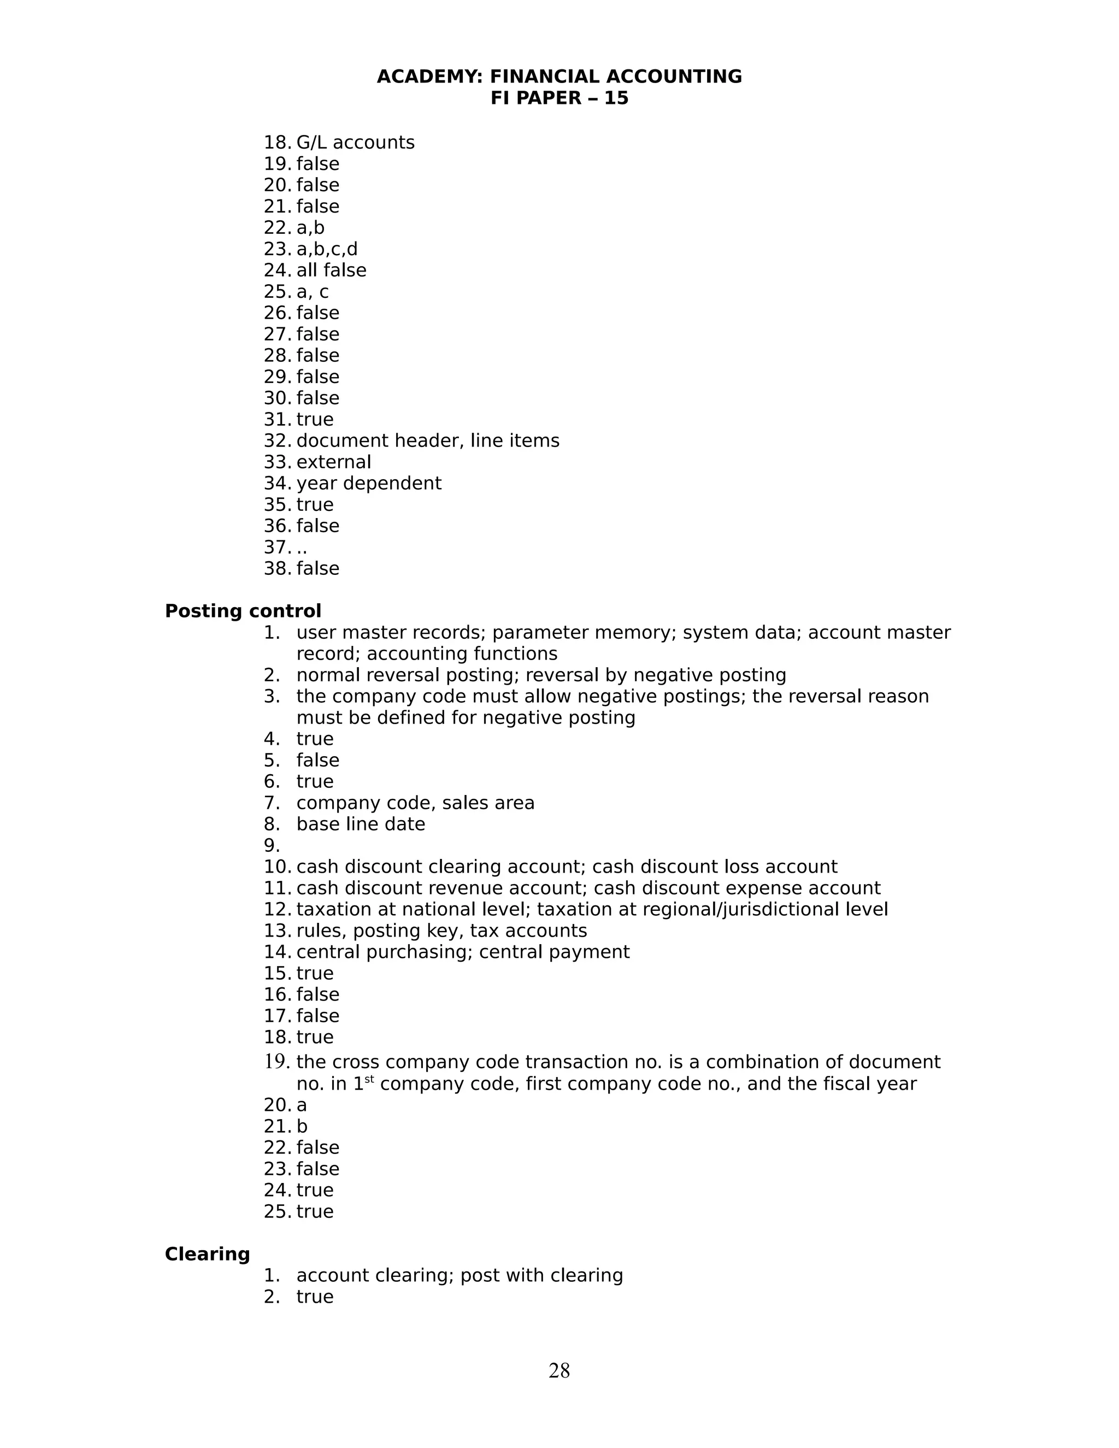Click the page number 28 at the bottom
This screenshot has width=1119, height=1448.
coord(559,1370)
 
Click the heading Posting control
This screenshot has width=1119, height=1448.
coord(243,611)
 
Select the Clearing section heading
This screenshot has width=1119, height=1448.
coord(207,1253)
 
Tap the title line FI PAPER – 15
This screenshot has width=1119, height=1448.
coord(559,98)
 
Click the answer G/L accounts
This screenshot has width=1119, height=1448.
coord(355,143)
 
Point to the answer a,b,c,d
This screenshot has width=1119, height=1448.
coord(327,249)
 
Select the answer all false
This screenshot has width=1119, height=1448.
coord(331,270)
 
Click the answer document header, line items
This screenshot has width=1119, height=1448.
coord(428,441)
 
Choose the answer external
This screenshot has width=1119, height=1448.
coord(333,462)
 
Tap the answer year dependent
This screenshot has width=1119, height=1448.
coord(369,484)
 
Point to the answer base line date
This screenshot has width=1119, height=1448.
coord(361,824)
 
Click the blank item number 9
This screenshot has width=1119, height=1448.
coord(271,846)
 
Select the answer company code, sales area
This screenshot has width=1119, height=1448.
coord(415,803)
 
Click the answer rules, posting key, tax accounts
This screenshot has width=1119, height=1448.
coord(441,931)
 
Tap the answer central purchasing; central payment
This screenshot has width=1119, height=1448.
coord(463,952)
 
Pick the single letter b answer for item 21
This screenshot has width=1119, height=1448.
coord(302,1127)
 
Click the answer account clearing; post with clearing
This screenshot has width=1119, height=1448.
coord(460,1275)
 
